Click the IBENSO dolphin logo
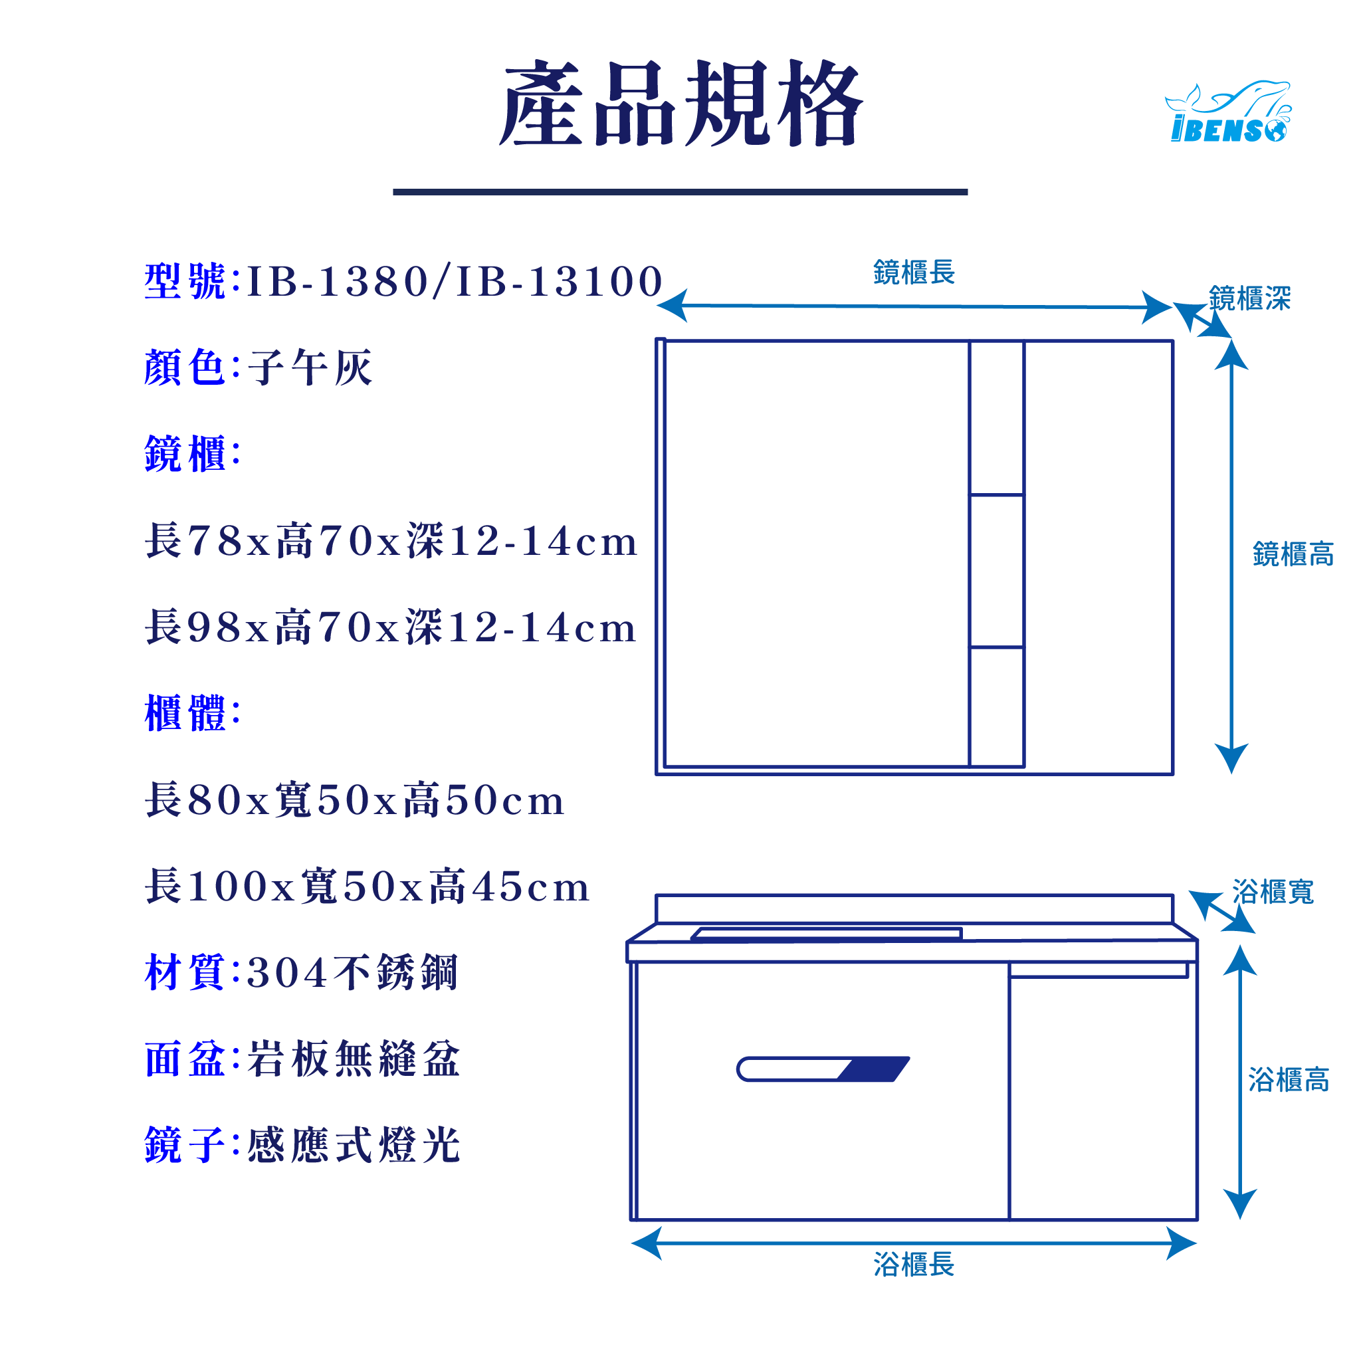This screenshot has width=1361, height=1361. (1228, 113)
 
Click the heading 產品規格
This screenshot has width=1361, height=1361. (680, 104)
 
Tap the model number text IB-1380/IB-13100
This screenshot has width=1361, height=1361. (455, 282)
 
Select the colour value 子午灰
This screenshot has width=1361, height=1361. (310, 367)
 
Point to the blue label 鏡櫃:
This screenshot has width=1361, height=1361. (192, 455)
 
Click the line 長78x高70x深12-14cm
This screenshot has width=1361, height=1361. (391, 541)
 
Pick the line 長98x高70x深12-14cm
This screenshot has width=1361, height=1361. (391, 627)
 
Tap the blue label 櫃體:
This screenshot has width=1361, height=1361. (192, 714)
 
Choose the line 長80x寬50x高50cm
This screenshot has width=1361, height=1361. (354, 800)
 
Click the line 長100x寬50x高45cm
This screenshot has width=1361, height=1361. (367, 887)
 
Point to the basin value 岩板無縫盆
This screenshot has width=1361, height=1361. (354, 1059)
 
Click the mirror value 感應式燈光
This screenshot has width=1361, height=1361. (354, 1146)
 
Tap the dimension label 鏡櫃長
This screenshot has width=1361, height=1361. (914, 272)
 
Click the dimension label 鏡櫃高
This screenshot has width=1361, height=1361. (1293, 554)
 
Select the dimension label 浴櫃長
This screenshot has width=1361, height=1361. (914, 1265)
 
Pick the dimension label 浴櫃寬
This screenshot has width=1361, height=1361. (1273, 892)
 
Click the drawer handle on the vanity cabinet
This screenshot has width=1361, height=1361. (822, 1069)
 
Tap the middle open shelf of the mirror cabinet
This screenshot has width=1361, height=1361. (996, 571)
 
